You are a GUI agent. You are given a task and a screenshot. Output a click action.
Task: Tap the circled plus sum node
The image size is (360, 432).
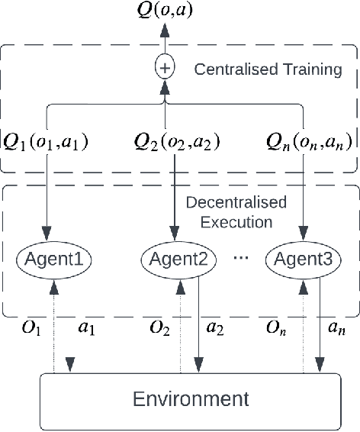[165, 69]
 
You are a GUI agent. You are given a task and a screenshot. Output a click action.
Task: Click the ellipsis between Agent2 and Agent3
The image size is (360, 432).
[241, 258]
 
